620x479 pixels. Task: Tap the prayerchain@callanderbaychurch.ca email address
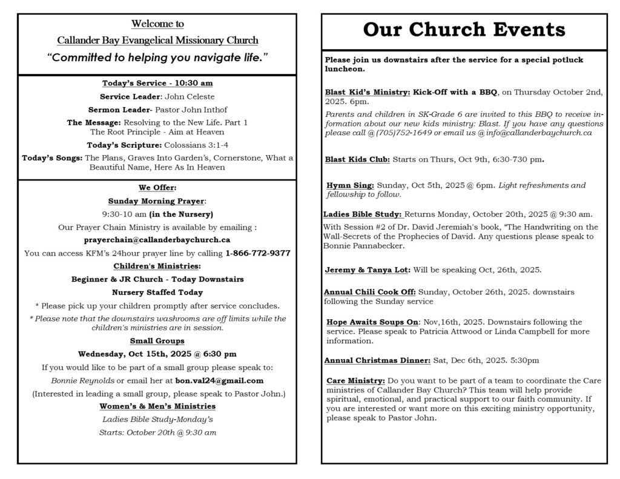tap(157, 240)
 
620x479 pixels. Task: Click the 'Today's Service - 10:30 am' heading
tap(157, 83)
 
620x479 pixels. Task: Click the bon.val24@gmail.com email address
tap(219, 380)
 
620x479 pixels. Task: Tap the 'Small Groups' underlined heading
tap(157, 341)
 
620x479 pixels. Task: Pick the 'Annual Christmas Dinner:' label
tap(377, 360)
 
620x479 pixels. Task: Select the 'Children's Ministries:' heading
tap(157, 266)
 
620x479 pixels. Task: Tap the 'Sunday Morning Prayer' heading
tap(156, 200)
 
